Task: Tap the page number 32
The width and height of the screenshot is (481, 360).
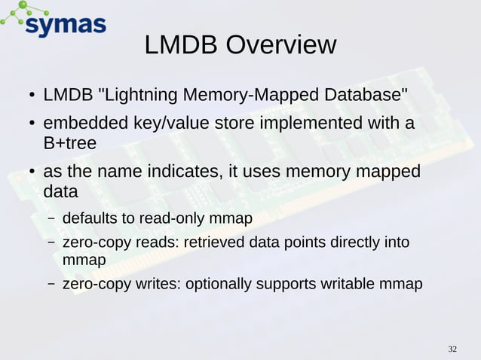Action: click(452, 349)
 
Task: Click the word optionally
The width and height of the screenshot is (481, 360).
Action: click(219, 285)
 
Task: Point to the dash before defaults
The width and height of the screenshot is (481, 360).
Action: click(51, 220)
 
